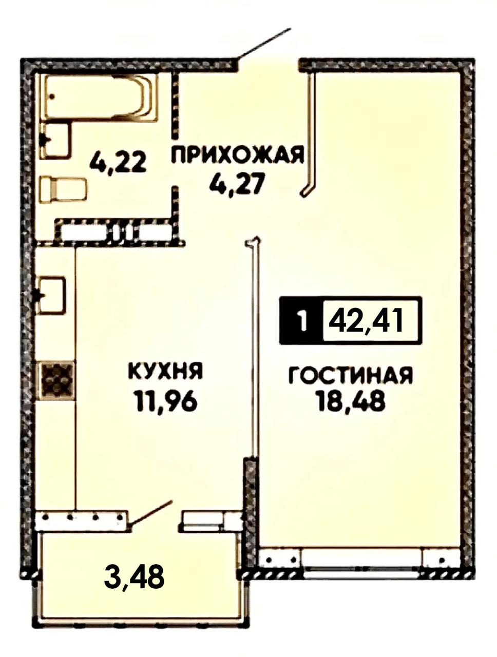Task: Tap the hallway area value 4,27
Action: coord(238,185)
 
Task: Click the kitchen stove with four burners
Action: coord(55,380)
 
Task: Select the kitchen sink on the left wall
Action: coord(51,295)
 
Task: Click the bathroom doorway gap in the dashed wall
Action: coord(176,163)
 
